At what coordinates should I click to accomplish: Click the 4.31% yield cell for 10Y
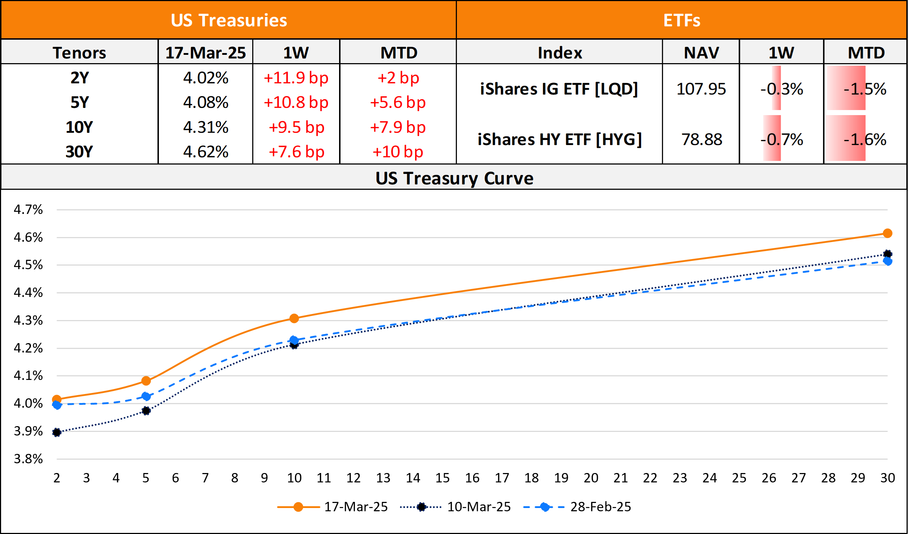(205, 127)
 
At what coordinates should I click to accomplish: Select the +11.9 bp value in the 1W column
(296, 78)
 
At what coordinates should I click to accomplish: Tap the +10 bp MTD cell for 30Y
(398, 152)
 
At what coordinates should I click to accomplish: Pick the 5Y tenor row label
(79, 102)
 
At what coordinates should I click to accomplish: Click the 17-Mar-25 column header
(205, 53)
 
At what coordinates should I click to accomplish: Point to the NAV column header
(701, 53)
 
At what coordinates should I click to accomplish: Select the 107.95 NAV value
(701, 89)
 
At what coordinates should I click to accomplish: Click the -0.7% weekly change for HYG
(782, 140)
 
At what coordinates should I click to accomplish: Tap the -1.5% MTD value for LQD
(865, 89)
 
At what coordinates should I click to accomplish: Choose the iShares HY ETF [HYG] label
(560, 140)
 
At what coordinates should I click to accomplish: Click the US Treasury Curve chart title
(454, 178)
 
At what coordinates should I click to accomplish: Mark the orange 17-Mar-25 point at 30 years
(887, 233)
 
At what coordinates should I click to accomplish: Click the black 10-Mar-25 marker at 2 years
(57, 432)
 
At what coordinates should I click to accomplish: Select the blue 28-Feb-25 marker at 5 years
(146, 397)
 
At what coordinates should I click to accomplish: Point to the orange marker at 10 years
(294, 318)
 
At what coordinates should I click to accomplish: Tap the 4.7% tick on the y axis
(28, 210)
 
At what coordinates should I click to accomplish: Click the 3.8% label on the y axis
(28, 459)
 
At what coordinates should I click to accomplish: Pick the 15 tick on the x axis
(442, 478)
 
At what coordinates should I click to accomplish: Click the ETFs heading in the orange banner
(682, 20)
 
